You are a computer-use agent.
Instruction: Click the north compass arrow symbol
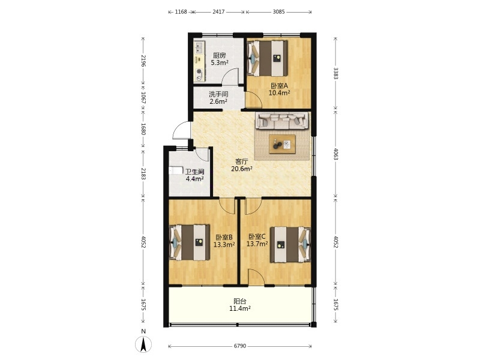pyautogui.click(x=143, y=344)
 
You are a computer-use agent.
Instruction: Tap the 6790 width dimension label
pyautogui.click(x=240, y=346)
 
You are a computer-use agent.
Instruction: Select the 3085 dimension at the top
pyautogui.click(x=278, y=12)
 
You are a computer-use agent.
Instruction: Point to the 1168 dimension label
pyautogui.click(x=181, y=12)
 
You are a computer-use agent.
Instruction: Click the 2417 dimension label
pyautogui.click(x=218, y=12)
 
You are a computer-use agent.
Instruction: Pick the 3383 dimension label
pyautogui.click(x=335, y=73)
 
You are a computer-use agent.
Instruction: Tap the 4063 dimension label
pyautogui.click(x=335, y=154)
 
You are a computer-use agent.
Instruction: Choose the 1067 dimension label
pyautogui.click(x=143, y=97)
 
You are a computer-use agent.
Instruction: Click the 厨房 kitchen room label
pyautogui.click(x=219, y=56)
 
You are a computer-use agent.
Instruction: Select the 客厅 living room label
pyautogui.click(x=242, y=161)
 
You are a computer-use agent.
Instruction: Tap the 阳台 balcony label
pyautogui.click(x=240, y=301)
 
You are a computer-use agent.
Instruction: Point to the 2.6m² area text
pyautogui.click(x=218, y=101)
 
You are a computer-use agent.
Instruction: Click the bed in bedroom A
pyautogui.click(x=267, y=58)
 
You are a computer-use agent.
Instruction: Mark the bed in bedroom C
pyautogui.click(x=290, y=245)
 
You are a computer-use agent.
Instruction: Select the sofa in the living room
pyautogui.click(x=281, y=121)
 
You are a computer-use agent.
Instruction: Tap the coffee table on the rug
pyautogui.click(x=282, y=144)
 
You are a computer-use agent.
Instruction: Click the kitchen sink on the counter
pyautogui.click(x=199, y=47)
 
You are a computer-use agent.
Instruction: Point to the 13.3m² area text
pyautogui.click(x=224, y=245)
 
